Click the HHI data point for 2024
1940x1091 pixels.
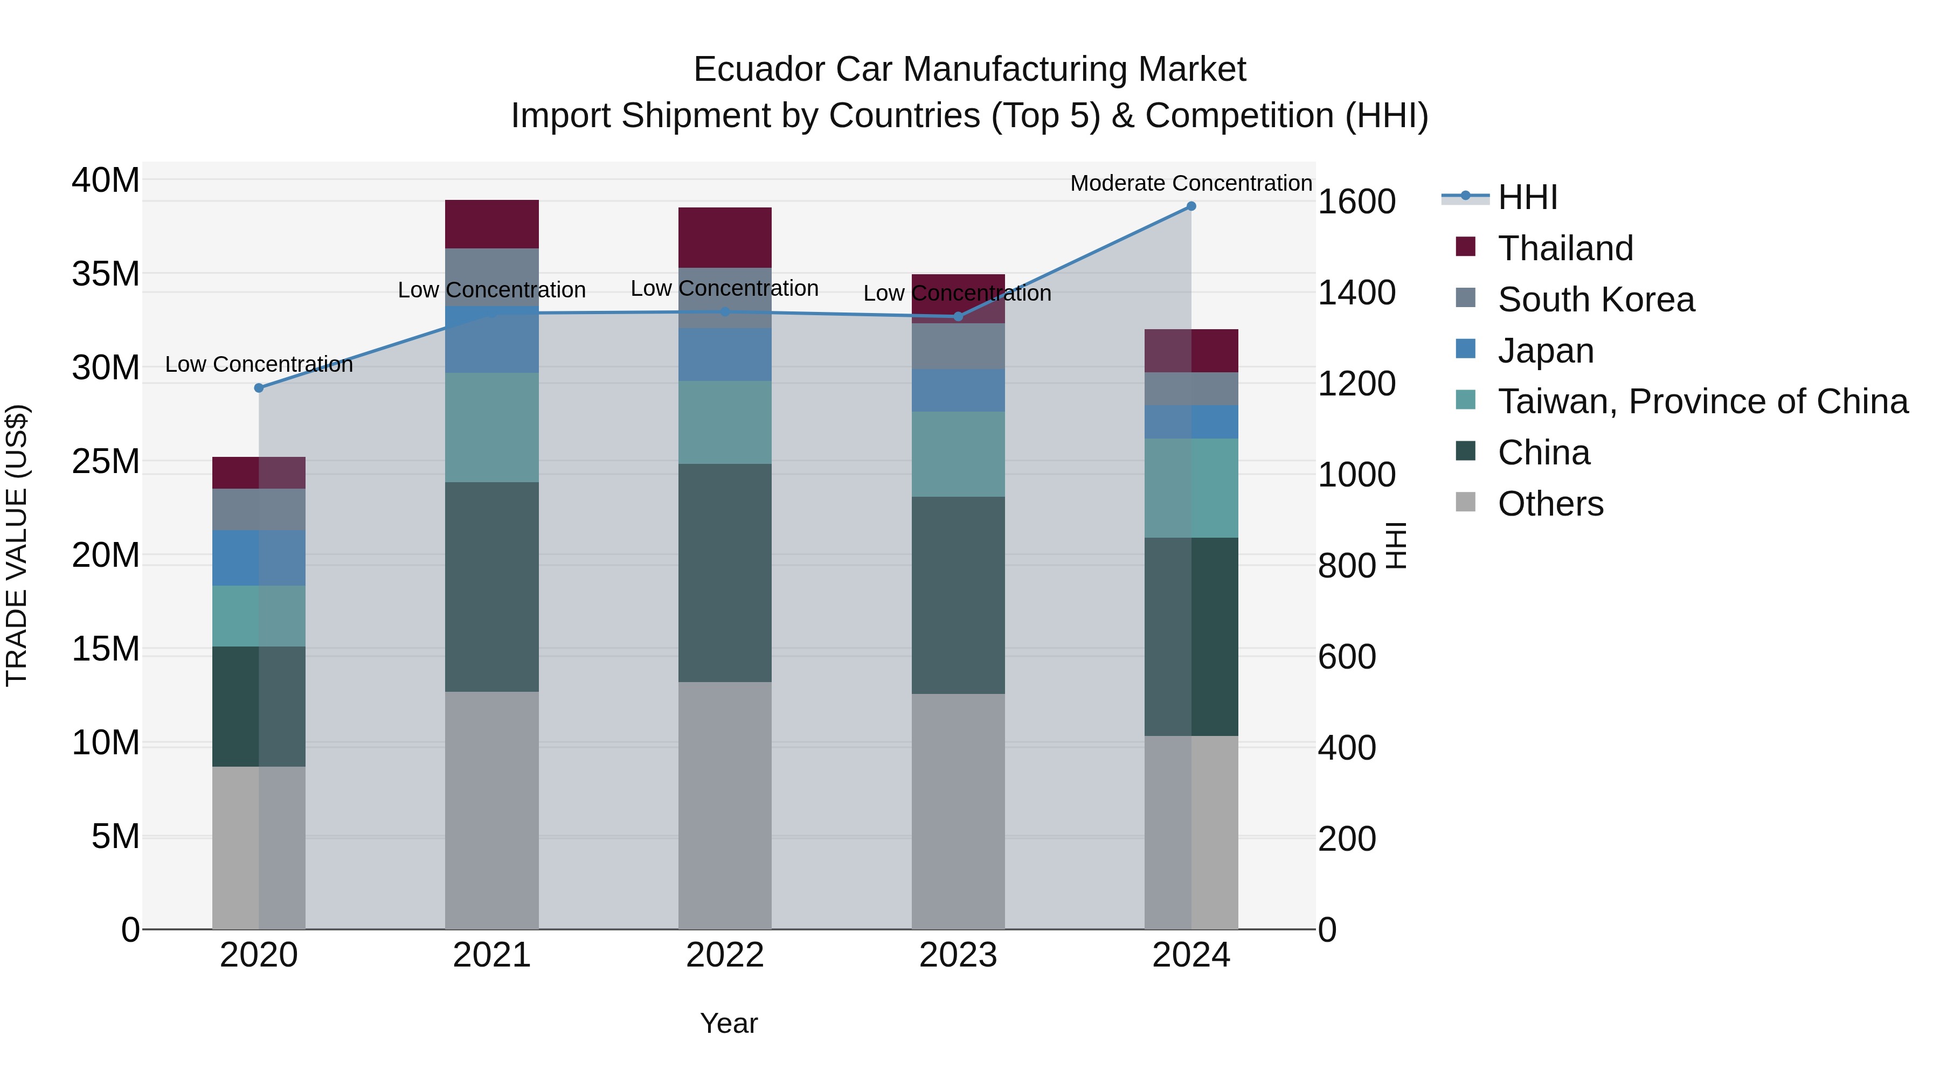(1190, 206)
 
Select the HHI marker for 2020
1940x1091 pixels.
(259, 388)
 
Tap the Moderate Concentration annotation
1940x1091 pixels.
(1190, 183)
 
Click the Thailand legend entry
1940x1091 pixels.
(1565, 248)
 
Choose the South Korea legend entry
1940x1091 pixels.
(1596, 300)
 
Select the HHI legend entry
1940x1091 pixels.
(1527, 197)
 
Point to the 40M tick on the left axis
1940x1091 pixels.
(106, 180)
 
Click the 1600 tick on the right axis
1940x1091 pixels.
(1356, 202)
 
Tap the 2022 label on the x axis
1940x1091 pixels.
(724, 955)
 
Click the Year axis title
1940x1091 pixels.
(728, 1023)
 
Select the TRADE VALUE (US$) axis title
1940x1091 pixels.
(17, 545)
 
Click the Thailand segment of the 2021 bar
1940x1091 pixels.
(492, 224)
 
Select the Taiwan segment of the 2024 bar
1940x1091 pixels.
(1190, 488)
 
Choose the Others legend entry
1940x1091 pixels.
(1550, 504)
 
